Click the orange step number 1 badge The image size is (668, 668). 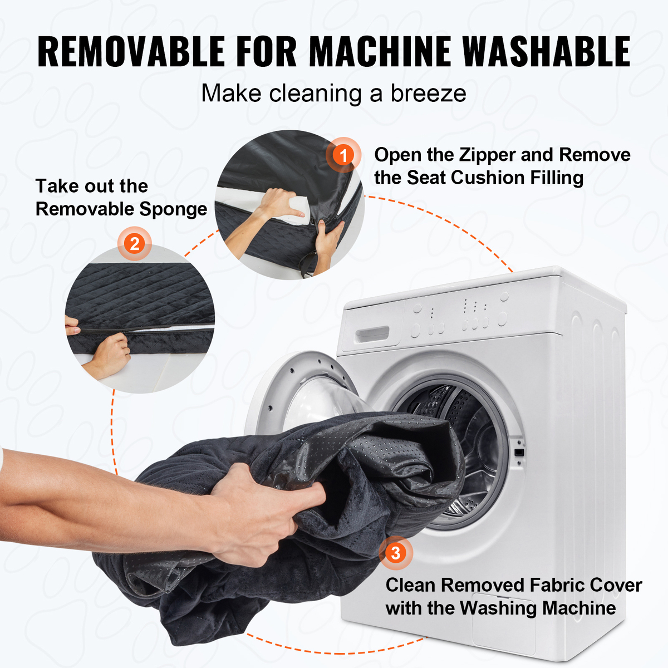[x=343, y=155]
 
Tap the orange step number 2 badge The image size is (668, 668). [x=135, y=243]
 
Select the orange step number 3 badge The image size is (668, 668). [x=396, y=553]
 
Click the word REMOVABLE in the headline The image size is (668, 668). [x=131, y=51]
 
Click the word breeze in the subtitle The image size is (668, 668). [x=429, y=94]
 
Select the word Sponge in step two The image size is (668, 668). [x=173, y=209]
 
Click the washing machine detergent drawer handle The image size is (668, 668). [x=372, y=335]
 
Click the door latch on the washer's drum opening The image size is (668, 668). [x=519, y=453]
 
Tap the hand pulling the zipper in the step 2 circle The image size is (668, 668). [x=111, y=353]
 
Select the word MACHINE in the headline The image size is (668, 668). [x=380, y=51]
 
